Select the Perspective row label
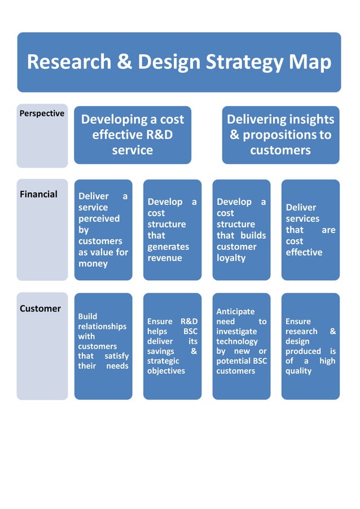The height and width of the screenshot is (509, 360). tap(42, 113)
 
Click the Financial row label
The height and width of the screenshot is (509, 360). tap(38, 194)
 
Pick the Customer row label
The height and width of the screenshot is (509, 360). tap(40, 309)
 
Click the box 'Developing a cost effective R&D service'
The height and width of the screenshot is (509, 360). tap(133, 135)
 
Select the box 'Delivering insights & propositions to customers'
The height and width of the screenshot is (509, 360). tap(280, 135)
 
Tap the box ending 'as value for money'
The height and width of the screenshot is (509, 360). tap(103, 230)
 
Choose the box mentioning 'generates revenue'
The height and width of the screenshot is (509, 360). tap(172, 230)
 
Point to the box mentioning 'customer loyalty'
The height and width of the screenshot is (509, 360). tap(242, 230)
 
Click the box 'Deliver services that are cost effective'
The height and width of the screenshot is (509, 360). tap(310, 230)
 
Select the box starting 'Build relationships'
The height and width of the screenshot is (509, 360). tap(103, 346)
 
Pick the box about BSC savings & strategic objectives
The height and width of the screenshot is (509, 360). tap(172, 346)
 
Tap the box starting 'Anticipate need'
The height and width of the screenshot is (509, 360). tap(242, 346)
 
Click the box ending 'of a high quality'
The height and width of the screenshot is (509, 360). tap(310, 346)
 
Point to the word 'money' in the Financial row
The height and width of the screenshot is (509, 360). tap(93, 264)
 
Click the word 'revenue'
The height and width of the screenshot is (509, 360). tap(165, 258)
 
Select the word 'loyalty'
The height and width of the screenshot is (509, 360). tap(231, 258)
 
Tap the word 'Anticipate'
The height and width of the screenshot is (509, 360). tap(235, 311)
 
